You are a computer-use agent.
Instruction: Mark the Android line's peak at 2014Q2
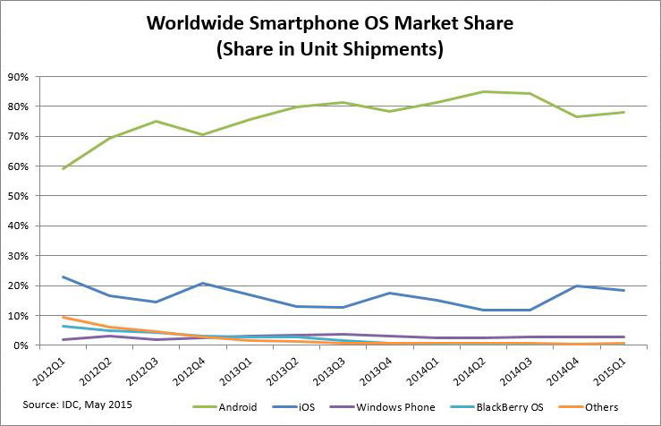[484, 91]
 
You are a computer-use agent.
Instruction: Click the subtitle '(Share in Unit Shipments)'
[330, 49]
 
